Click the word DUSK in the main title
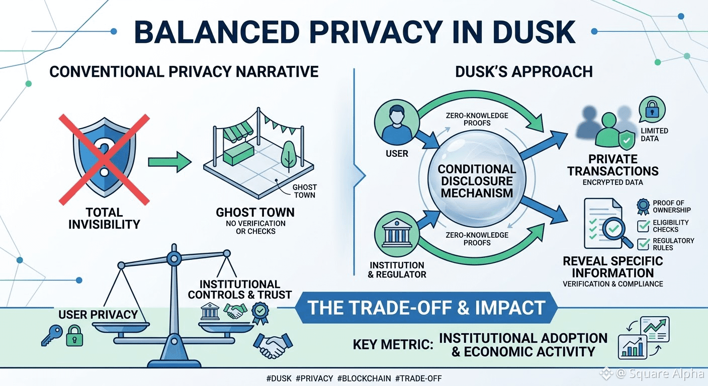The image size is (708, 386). [x=534, y=32]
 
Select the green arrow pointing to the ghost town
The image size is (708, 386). [x=170, y=162]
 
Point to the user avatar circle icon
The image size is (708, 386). [x=397, y=123]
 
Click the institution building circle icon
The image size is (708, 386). [x=397, y=234]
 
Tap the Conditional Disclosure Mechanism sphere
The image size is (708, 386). [x=477, y=179]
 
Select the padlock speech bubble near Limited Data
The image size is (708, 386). [x=652, y=110]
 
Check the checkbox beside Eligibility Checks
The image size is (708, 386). [x=644, y=226]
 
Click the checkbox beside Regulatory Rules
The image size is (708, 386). [x=644, y=244]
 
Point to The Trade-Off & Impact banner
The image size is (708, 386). [x=426, y=308]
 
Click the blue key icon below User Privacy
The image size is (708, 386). [x=52, y=336]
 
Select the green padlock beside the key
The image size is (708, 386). [x=74, y=336]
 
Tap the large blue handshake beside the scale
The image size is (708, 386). [x=273, y=345]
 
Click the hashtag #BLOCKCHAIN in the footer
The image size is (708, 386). [x=364, y=378]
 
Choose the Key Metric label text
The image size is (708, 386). [x=393, y=345]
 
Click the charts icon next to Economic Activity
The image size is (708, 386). [x=644, y=338]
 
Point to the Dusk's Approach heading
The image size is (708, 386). [x=524, y=72]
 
